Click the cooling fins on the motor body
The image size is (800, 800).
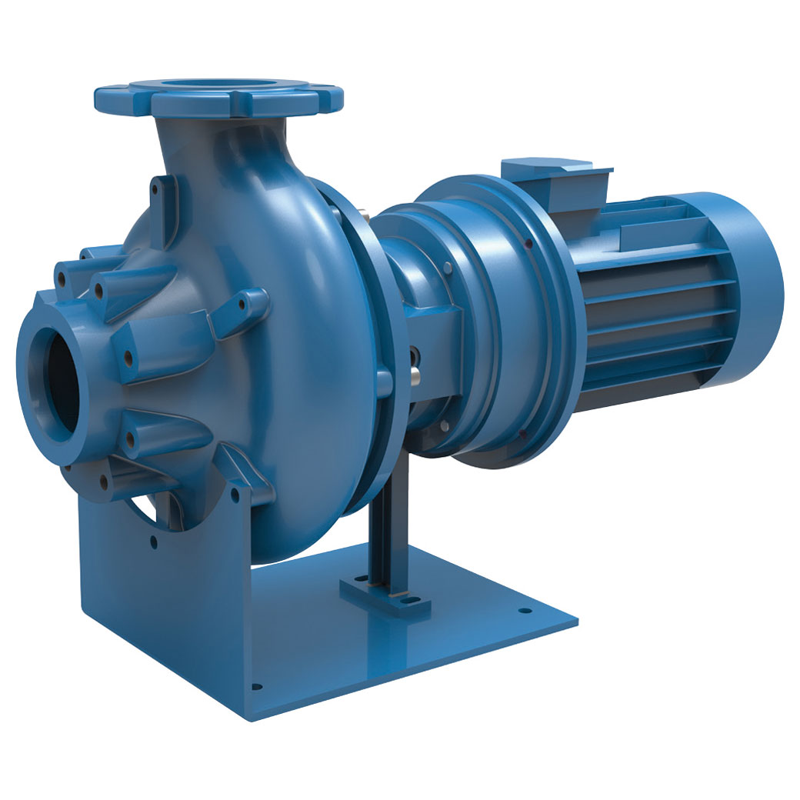pos(654,308)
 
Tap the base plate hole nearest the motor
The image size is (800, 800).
pos(526,612)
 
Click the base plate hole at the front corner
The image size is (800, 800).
pos(256,687)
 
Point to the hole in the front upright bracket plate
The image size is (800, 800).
pos(153,542)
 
